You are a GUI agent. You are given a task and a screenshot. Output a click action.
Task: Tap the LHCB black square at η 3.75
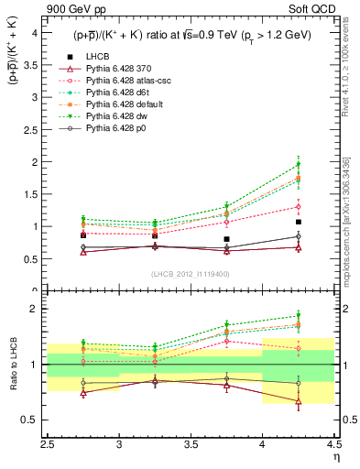pos(226,239)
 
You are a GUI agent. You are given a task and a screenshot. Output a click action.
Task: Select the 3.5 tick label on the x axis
pos(191,445)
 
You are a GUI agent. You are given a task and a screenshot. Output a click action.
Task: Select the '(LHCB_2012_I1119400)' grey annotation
pos(191,274)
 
